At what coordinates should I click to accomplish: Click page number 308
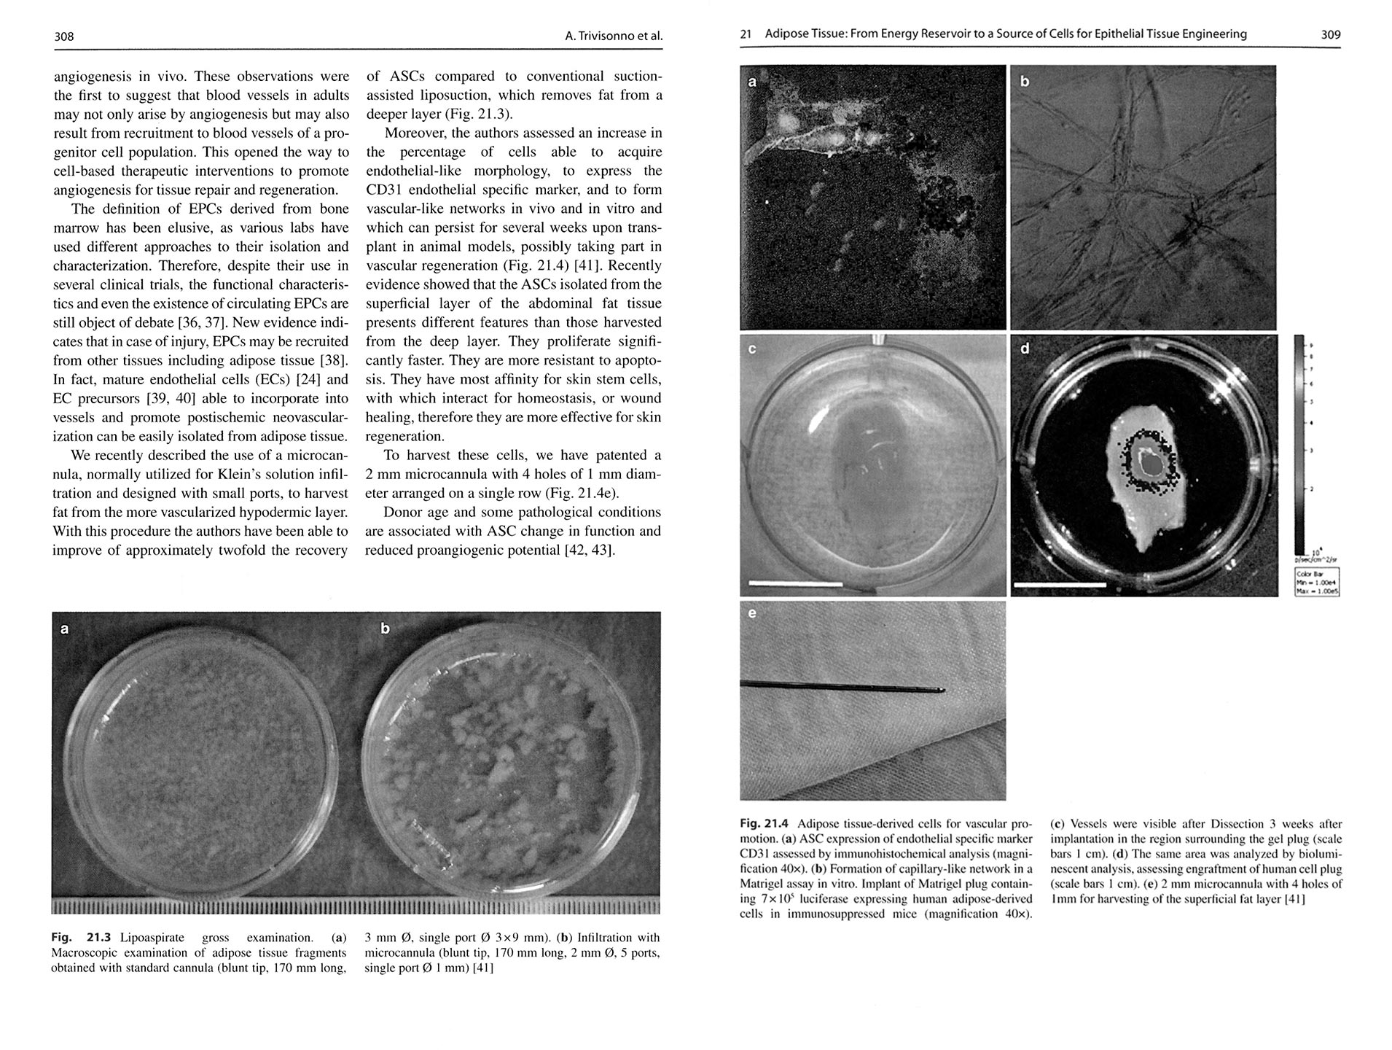click(64, 36)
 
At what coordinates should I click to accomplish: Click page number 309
click(1330, 34)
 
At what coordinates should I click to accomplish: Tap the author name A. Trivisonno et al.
click(613, 36)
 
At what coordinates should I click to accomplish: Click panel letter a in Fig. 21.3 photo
click(65, 628)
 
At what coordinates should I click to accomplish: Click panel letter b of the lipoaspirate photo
click(385, 628)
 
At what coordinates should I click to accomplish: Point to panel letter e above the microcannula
click(752, 613)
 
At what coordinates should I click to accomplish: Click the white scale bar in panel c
click(795, 584)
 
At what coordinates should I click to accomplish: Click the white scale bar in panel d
click(1059, 584)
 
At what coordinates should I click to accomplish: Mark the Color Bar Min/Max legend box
click(1317, 583)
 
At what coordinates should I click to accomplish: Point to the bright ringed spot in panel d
click(1149, 461)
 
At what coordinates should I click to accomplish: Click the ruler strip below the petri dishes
click(356, 906)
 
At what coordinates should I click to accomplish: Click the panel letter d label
click(1025, 349)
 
